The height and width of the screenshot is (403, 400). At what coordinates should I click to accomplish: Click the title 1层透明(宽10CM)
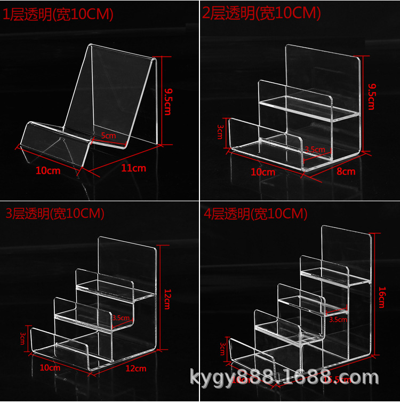(59, 15)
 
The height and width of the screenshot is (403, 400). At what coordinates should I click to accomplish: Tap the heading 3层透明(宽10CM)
(55, 214)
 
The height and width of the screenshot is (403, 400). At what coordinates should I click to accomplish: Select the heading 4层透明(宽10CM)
(256, 214)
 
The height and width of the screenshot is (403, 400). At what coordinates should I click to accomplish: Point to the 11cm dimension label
(134, 168)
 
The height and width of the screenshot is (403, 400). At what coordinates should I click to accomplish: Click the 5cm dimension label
(109, 136)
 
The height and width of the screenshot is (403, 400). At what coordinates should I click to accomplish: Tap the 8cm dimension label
(346, 171)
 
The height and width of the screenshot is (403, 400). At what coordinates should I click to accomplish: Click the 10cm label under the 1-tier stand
(48, 171)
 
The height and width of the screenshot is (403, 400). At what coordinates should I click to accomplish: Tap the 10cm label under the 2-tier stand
(263, 172)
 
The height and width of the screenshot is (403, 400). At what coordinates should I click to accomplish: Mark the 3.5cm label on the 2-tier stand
(315, 149)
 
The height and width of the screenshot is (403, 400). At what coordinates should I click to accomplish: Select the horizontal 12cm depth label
(135, 368)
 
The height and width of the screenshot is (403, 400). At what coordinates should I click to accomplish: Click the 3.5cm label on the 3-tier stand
(121, 318)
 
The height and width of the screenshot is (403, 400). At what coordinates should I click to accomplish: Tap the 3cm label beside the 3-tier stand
(23, 337)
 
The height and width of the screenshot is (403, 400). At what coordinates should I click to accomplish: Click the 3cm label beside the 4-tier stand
(222, 349)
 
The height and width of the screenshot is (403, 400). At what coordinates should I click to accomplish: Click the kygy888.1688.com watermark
(284, 378)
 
